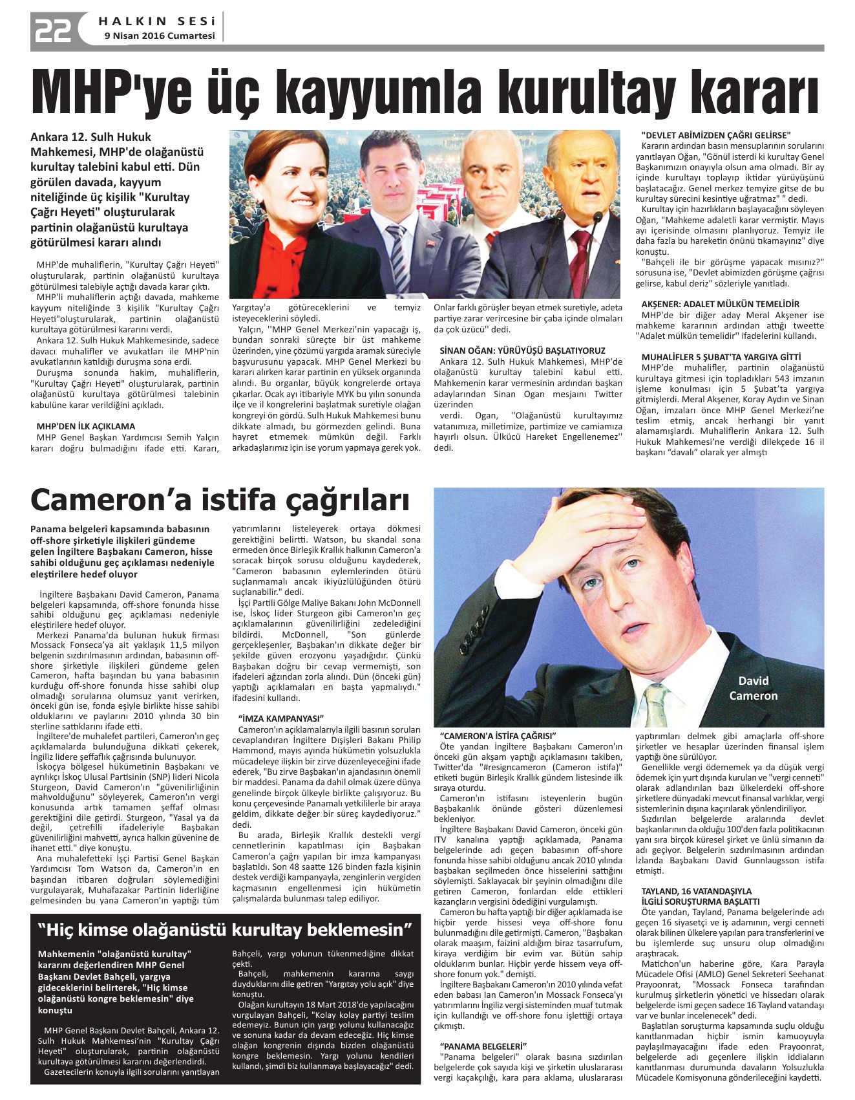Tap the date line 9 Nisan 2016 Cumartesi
pos(160,36)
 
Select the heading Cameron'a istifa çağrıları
pos(220,499)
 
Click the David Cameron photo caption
pos(753,688)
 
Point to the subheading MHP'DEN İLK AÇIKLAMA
pos(86,426)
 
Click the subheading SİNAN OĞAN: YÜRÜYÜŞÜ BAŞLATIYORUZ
pos(522,350)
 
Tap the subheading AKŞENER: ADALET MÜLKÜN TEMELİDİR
pos(720,304)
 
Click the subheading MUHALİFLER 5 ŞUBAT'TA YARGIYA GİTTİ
pos(721,357)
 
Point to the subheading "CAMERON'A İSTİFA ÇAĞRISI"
pos(498,736)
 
